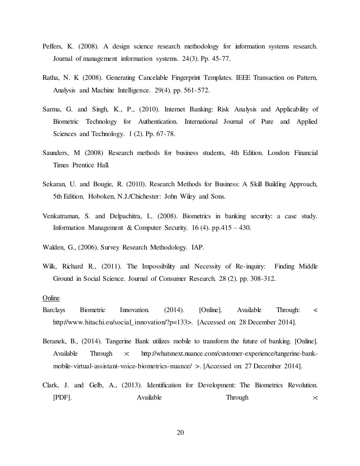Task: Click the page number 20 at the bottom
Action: click(x=180, y=433)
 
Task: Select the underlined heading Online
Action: click(x=51, y=298)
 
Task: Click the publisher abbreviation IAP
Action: click(x=198, y=247)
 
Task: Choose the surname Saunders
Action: click(x=56, y=153)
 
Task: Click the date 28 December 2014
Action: click(x=266, y=322)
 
